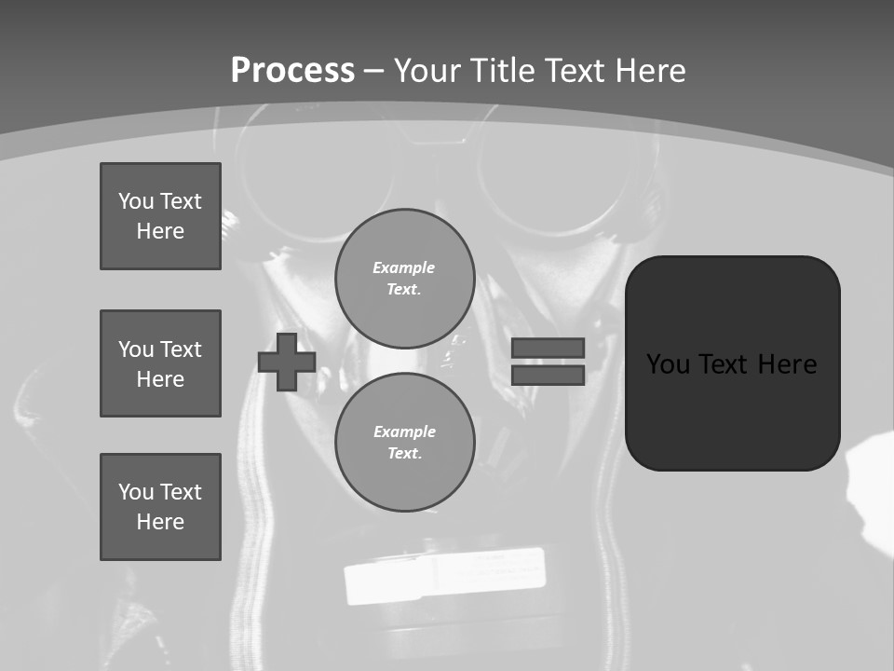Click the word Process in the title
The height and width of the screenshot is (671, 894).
[292, 71]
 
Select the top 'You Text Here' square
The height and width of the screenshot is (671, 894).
[160, 216]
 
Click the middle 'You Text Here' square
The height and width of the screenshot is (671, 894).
[160, 363]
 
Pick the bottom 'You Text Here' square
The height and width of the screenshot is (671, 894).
[160, 507]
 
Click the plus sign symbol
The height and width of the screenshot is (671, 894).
[286, 362]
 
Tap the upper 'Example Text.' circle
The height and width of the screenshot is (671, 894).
[404, 278]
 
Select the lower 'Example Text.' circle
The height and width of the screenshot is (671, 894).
[404, 442]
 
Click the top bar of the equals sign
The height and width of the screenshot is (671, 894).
[548, 348]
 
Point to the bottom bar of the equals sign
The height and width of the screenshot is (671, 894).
[548, 375]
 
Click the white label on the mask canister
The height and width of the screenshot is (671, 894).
[444, 575]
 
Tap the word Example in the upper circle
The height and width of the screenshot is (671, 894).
[403, 267]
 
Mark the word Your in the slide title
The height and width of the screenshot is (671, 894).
[429, 71]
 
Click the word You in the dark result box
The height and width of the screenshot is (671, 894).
[668, 363]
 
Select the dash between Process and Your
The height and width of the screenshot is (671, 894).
[374, 71]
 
